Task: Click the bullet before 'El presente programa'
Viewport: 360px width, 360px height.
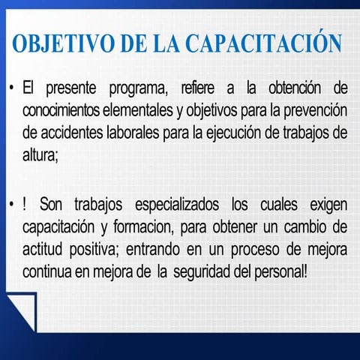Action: [11, 88]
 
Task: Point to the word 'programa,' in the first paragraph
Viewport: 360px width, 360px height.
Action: [138, 88]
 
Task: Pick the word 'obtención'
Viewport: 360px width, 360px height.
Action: [295, 88]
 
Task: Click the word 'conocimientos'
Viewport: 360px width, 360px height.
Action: [61, 110]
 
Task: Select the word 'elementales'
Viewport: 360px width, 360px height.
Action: [138, 110]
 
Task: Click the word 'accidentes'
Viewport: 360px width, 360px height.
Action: [72, 133]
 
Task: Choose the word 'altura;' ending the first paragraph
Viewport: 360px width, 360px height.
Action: [40, 155]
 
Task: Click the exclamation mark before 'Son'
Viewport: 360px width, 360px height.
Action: [24, 204]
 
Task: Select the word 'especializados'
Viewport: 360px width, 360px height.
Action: [177, 205]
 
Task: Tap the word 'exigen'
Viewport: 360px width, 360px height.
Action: [328, 205]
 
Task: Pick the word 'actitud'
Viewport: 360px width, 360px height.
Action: [42, 249]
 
